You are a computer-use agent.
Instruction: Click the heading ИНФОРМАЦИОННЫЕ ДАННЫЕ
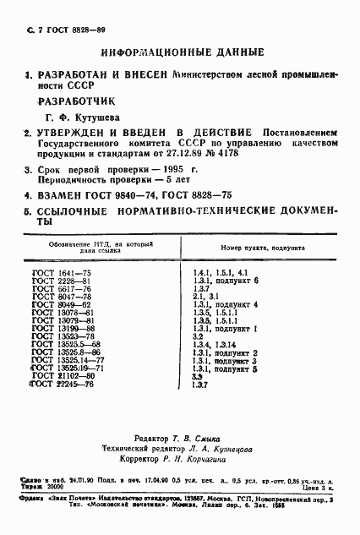pos(181,52)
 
